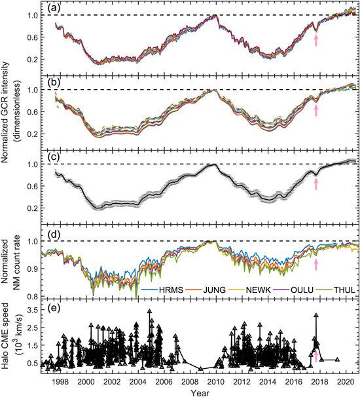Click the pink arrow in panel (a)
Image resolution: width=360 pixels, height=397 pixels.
(x=316, y=41)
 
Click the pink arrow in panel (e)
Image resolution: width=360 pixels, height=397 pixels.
(x=316, y=356)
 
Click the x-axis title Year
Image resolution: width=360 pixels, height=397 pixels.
(x=201, y=392)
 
